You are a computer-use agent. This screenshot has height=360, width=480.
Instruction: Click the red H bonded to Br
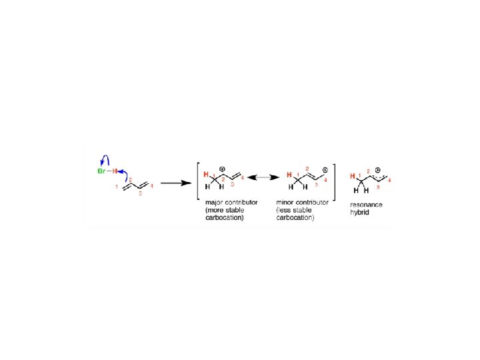(114, 172)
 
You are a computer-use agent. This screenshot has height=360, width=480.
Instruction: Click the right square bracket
(333, 181)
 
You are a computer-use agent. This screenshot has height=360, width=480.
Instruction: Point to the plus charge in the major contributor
(222, 169)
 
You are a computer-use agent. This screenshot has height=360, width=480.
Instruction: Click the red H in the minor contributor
(289, 175)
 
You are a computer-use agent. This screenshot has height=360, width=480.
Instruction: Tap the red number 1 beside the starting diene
(117, 187)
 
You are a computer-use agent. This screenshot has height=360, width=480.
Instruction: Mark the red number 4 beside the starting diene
(152, 184)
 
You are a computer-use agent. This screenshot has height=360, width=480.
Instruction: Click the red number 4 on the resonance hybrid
(389, 181)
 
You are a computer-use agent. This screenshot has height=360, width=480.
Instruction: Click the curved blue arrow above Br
(103, 160)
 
